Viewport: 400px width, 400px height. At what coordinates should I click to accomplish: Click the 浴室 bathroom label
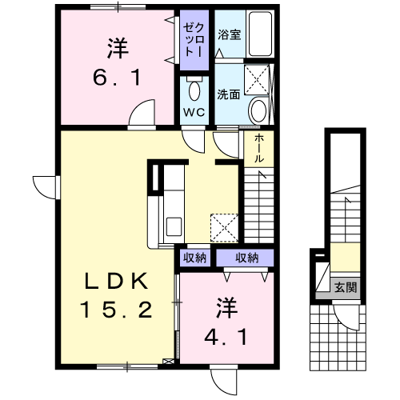[x=230, y=34]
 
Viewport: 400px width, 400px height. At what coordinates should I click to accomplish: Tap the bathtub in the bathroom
[x=260, y=34]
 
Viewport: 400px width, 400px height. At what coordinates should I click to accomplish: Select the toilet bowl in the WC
[x=194, y=90]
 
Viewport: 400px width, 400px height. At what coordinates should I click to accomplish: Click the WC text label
[x=194, y=112]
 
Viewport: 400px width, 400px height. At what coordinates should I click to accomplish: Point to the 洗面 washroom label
[x=229, y=94]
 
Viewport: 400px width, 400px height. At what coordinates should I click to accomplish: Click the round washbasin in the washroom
[x=258, y=110]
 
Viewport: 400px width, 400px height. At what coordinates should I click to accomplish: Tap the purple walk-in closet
[x=194, y=40]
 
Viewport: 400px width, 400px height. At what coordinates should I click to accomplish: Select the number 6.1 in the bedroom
[x=117, y=78]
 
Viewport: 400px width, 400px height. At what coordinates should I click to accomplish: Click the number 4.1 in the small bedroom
[x=226, y=337]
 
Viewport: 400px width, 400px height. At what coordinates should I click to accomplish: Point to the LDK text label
[x=117, y=282]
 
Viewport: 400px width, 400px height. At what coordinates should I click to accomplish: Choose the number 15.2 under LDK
[x=117, y=310]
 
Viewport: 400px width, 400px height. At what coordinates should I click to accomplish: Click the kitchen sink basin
[x=174, y=226]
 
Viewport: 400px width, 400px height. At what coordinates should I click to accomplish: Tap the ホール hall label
[x=259, y=149]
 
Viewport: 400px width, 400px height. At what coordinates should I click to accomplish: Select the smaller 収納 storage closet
[x=194, y=258]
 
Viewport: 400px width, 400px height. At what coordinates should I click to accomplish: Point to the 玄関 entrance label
[x=346, y=287]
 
